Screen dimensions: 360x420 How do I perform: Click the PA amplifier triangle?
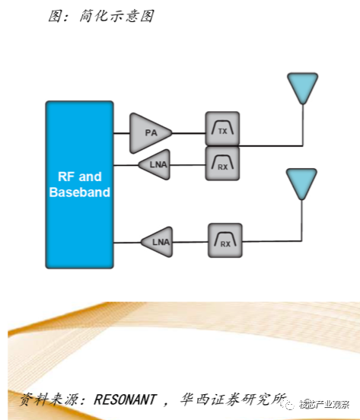[x=149, y=133]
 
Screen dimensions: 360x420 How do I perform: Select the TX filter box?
[x=222, y=129]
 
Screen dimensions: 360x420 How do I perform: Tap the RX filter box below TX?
[x=222, y=163]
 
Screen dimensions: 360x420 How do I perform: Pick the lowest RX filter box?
[x=225, y=240]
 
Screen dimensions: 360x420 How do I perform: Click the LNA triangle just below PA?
[x=156, y=165]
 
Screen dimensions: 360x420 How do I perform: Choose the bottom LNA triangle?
[x=158, y=242]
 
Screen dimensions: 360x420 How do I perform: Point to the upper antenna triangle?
[x=303, y=87]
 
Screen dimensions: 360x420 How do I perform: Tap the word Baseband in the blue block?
[x=80, y=192]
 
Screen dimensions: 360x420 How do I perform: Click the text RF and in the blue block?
[x=80, y=177]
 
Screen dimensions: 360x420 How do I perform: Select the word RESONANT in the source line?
[x=125, y=399]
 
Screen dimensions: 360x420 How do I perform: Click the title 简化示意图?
[x=116, y=16]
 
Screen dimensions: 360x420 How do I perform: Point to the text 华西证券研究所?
[x=234, y=399]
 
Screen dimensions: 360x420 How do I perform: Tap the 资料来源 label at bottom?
[x=49, y=399]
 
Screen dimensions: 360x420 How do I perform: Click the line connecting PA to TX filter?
[x=189, y=133]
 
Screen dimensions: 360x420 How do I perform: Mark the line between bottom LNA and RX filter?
[x=190, y=242]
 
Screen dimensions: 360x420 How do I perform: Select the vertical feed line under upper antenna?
[x=303, y=125]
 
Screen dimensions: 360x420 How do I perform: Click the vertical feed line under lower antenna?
[x=301, y=221]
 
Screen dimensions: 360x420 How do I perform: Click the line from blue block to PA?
[x=122, y=133]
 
